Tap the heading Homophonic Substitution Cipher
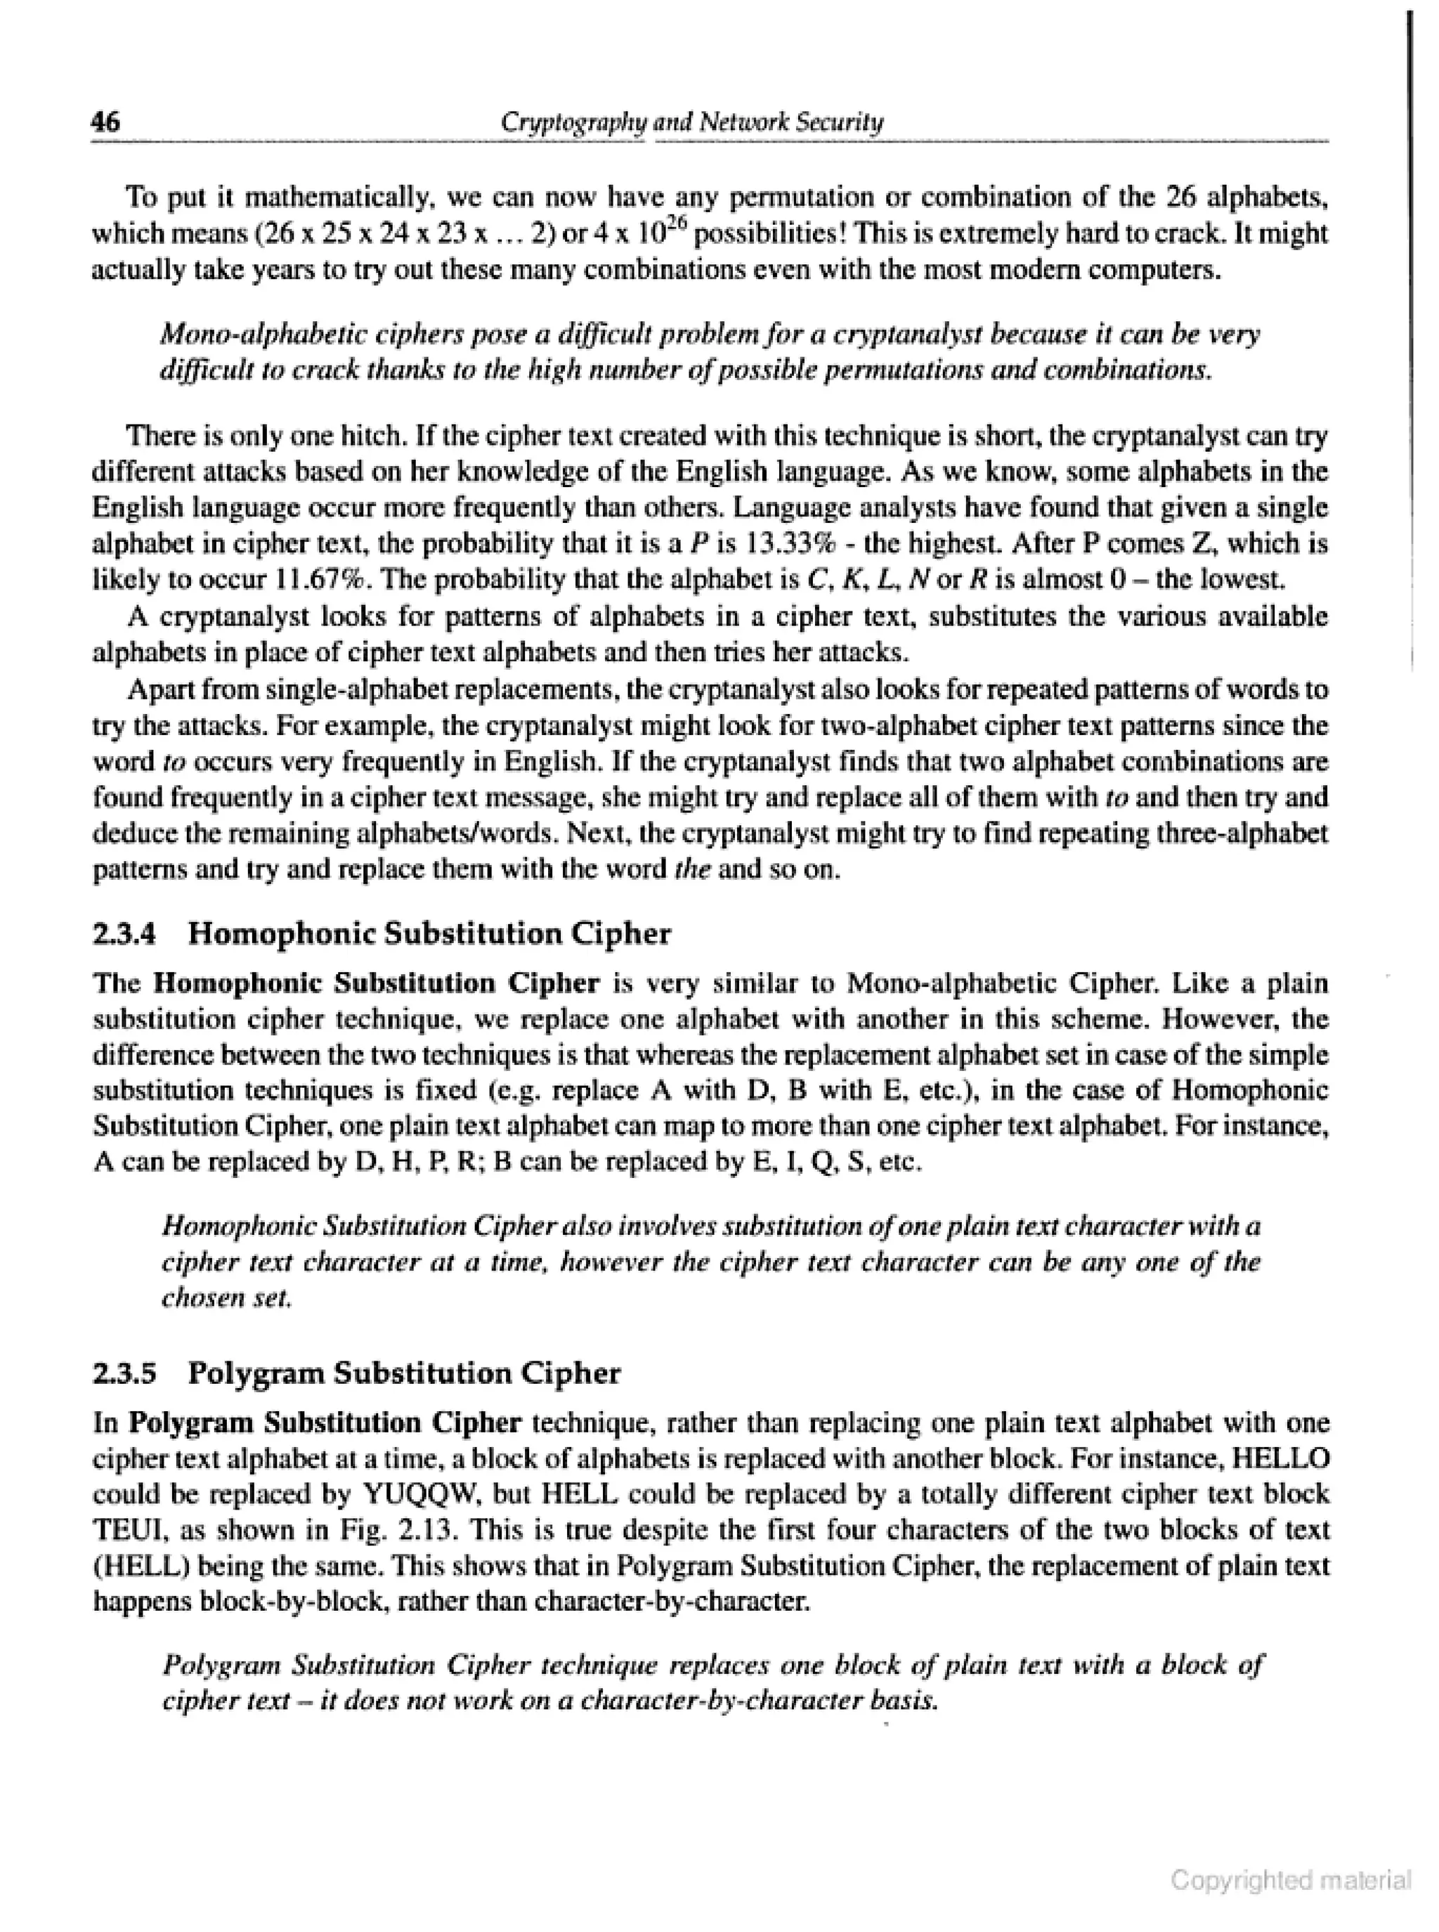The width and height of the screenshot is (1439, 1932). coord(429,935)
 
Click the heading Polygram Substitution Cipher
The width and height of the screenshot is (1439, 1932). coord(404,1374)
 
